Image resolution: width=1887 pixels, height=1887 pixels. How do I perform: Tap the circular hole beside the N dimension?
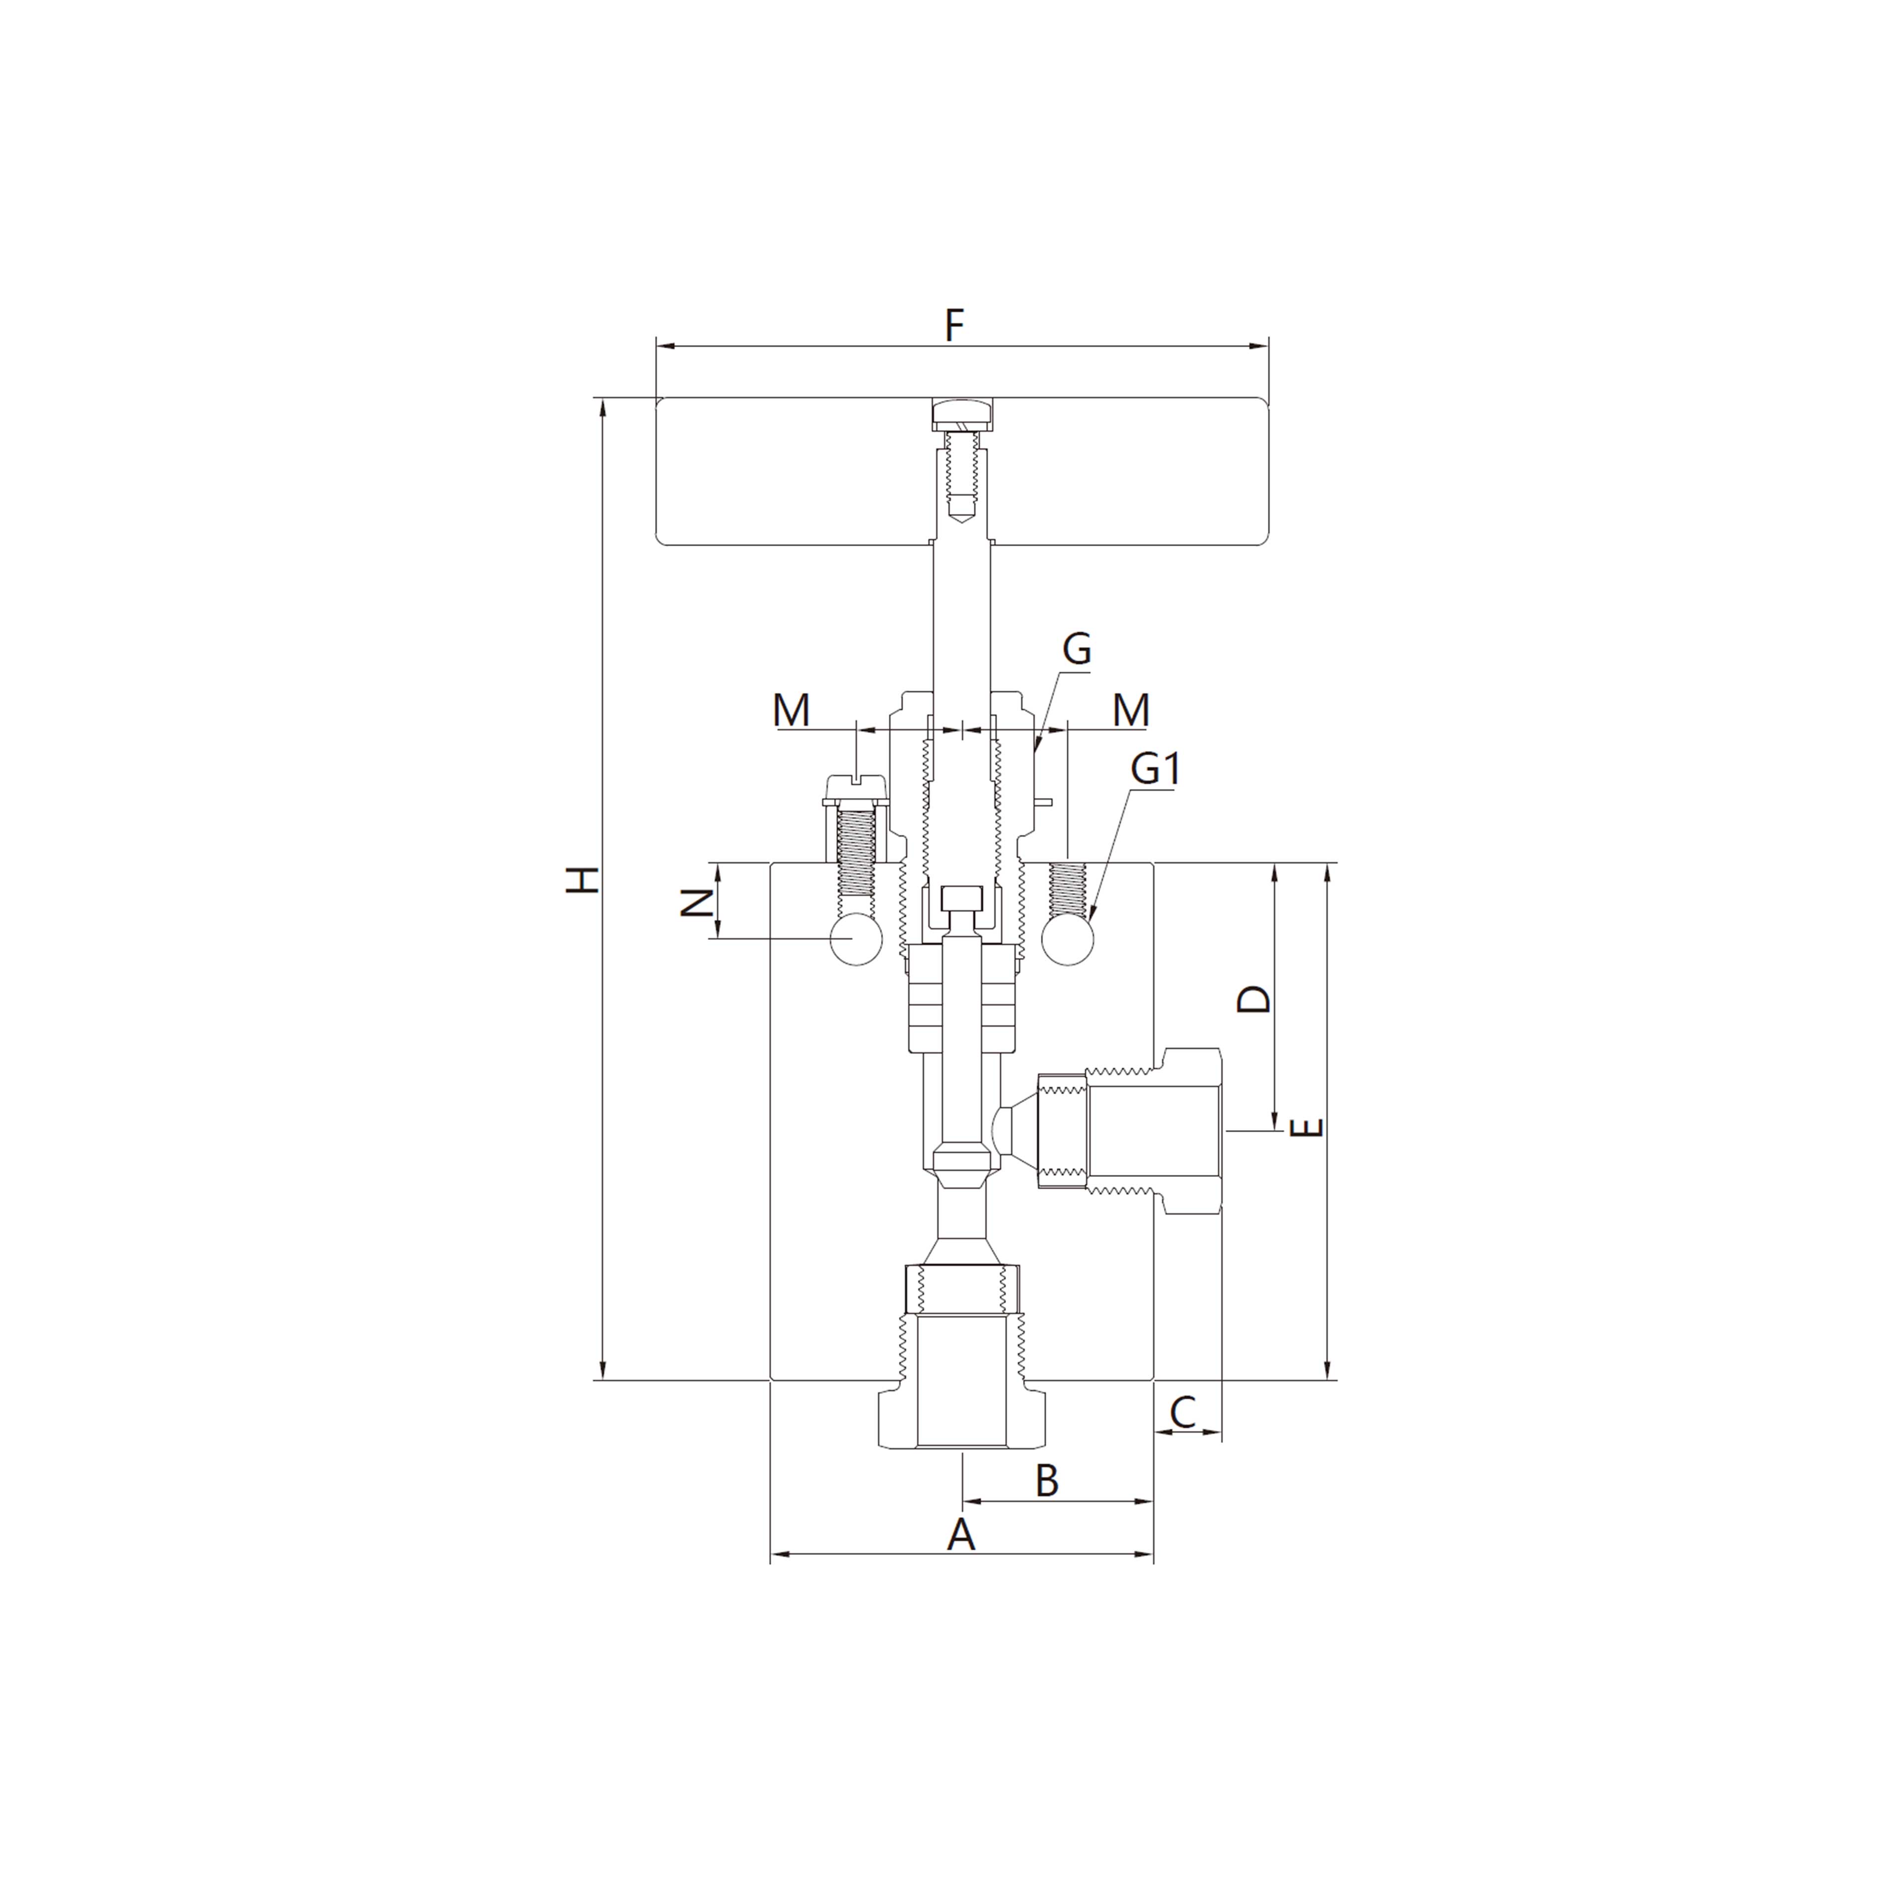[x=856, y=939]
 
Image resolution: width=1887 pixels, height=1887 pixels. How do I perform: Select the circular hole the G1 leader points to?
[x=1068, y=939]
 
